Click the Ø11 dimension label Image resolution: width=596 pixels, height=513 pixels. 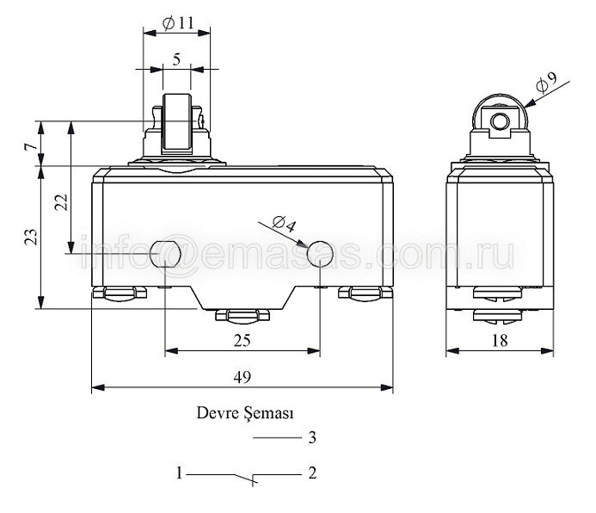pyautogui.click(x=178, y=23)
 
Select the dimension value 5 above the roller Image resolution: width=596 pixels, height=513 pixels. pyautogui.click(x=176, y=59)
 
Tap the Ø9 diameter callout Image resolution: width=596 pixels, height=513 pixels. pyautogui.click(x=547, y=82)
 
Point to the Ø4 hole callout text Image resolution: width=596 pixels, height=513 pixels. pyautogui.click(x=284, y=224)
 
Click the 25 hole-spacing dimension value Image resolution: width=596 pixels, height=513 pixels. pyautogui.click(x=243, y=341)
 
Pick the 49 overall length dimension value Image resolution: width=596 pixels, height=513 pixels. pyautogui.click(x=243, y=377)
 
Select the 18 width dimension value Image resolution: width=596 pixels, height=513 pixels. pyautogui.click(x=500, y=341)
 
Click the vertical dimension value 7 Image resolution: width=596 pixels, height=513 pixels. pyautogui.click(x=31, y=146)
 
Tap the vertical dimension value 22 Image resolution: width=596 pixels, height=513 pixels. pyautogui.click(x=61, y=202)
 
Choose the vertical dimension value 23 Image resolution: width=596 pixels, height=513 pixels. pyautogui.click(x=31, y=237)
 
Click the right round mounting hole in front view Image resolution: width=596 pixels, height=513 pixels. pyautogui.click(x=320, y=254)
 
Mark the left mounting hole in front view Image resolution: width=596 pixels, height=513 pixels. pyautogui.click(x=165, y=254)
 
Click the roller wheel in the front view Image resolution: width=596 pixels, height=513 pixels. pyautogui.click(x=177, y=124)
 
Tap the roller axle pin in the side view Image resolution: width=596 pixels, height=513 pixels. pyautogui.click(x=500, y=122)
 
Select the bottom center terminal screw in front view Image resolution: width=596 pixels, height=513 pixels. pyautogui.click(x=243, y=316)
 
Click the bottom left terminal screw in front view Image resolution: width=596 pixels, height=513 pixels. pyautogui.click(x=120, y=294)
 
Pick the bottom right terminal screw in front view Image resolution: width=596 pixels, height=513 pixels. pyautogui.click(x=366, y=294)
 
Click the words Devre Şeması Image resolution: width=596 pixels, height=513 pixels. pyautogui.click(x=245, y=413)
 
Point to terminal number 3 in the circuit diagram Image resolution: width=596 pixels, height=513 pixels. pyautogui.click(x=312, y=438)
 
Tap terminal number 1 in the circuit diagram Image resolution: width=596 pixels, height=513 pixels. pyautogui.click(x=180, y=473)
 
